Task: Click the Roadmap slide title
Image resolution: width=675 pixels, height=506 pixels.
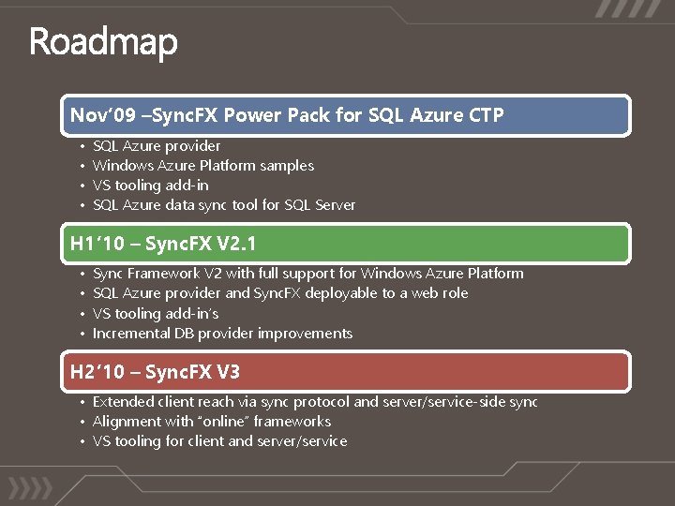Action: tap(103, 43)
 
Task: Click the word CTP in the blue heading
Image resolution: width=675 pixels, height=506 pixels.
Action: tap(485, 115)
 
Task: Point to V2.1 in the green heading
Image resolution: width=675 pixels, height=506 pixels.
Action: tap(236, 244)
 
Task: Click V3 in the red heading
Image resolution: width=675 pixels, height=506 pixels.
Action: tap(228, 372)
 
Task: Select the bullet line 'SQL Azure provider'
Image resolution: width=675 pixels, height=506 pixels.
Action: tap(157, 146)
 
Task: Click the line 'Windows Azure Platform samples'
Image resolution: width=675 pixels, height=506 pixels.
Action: tap(203, 166)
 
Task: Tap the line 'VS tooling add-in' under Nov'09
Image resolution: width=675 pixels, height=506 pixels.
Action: tap(150, 186)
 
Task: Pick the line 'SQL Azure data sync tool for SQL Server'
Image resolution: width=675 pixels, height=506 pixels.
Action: tap(224, 205)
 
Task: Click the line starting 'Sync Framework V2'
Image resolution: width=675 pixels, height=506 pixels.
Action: tap(307, 274)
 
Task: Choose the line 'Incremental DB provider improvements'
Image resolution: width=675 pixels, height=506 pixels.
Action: tap(222, 334)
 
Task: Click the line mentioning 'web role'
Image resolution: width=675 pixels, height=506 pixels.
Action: tap(280, 293)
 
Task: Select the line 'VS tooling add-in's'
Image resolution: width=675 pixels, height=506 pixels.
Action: tap(156, 314)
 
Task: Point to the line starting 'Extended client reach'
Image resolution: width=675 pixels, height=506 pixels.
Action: tap(314, 402)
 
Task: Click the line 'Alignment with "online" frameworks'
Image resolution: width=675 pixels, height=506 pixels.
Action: tap(212, 422)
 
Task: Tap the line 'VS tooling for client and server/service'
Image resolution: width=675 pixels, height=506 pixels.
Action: tap(219, 441)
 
